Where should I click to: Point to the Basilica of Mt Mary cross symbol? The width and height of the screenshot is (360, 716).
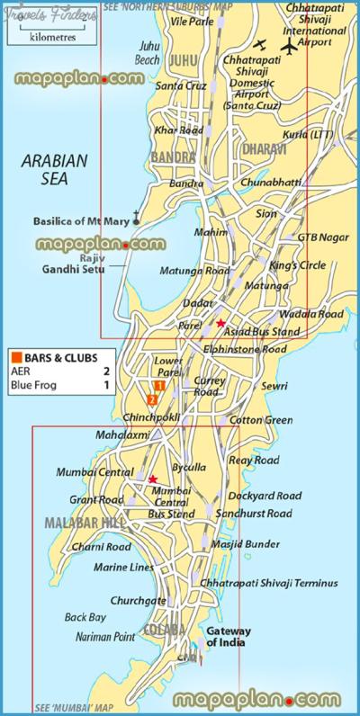[x=136, y=216]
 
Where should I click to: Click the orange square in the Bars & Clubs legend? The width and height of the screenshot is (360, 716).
[x=15, y=355]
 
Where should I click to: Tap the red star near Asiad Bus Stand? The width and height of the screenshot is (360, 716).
[x=220, y=322]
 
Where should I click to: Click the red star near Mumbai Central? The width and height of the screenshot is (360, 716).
[x=153, y=479]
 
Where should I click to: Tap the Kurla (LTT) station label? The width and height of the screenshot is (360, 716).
[x=309, y=134]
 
